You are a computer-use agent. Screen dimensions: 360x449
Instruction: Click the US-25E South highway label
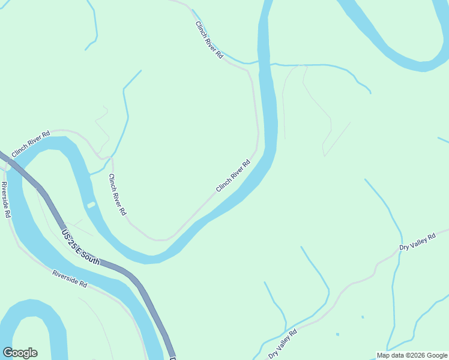click(80, 246)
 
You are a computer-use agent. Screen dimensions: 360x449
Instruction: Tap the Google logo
click(20, 353)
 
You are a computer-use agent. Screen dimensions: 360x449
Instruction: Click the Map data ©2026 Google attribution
click(412, 355)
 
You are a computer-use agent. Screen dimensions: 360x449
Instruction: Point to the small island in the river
click(91, 205)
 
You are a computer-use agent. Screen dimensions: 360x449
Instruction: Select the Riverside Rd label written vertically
click(6, 199)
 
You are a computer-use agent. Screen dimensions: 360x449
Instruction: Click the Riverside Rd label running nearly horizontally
click(70, 279)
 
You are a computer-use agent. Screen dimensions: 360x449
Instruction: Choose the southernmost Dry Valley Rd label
click(283, 344)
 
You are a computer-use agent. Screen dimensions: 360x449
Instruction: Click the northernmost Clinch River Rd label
click(209, 40)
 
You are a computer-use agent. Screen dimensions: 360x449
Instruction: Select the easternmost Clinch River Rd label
click(233, 176)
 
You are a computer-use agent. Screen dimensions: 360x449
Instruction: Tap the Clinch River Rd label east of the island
click(117, 194)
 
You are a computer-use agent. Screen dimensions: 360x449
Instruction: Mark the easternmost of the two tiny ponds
click(363, 317)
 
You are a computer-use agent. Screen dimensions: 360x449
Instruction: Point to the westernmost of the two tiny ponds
click(337, 334)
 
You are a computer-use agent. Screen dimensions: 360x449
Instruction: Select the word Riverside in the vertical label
click(5, 194)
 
